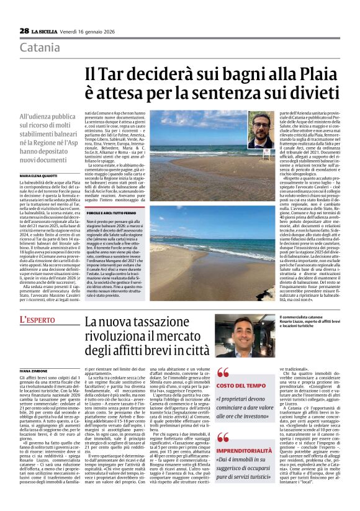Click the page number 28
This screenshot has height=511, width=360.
click(24, 30)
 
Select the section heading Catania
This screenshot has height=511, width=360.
click(40, 48)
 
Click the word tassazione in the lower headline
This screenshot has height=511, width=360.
click(166, 322)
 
